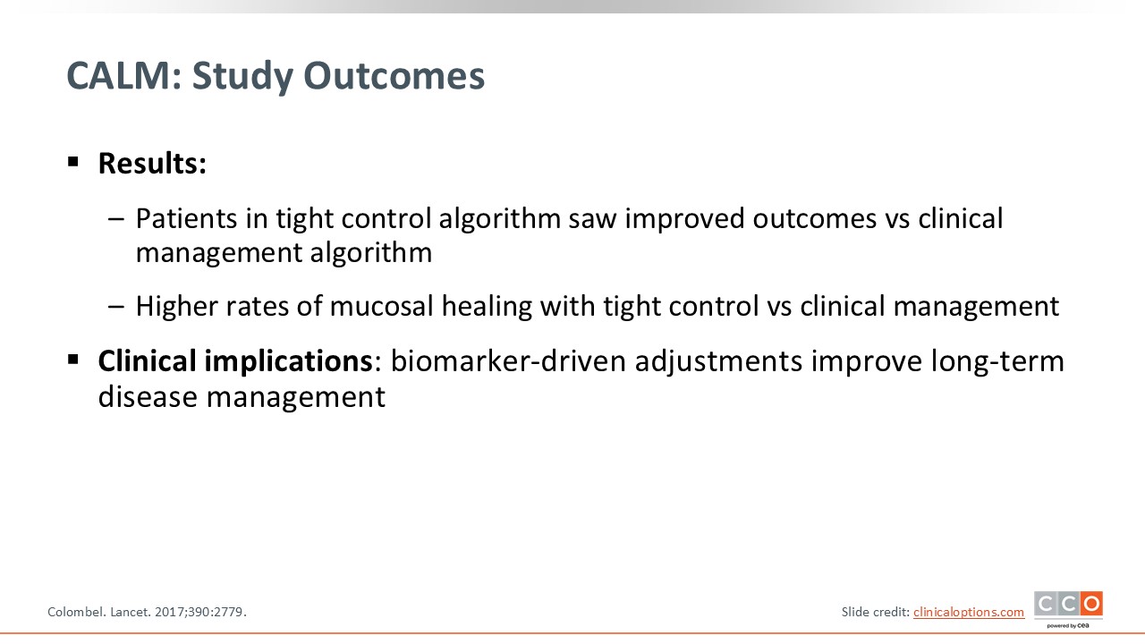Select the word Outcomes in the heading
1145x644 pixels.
pyautogui.click(x=394, y=76)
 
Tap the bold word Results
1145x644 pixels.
pyautogui.click(x=152, y=163)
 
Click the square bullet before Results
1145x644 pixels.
pyautogui.click(x=73, y=162)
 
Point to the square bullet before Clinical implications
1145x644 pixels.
pyautogui.click(x=73, y=360)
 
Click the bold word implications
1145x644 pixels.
pyautogui.click(x=289, y=361)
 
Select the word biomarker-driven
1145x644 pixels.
pyautogui.click(x=509, y=360)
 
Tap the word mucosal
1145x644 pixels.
pyautogui.click(x=381, y=306)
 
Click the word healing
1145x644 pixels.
pyautogui.click(x=486, y=307)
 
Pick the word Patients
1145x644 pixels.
pyautogui.click(x=186, y=219)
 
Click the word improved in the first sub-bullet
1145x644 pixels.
pyautogui.click(x=684, y=220)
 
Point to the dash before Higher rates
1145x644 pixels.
pyautogui.click(x=116, y=307)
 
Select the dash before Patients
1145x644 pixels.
pyautogui.click(x=116, y=219)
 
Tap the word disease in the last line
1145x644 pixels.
pyautogui.click(x=148, y=396)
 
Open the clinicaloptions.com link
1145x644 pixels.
pyautogui.click(x=969, y=612)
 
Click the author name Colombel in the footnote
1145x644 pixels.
pyautogui.click(x=77, y=612)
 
